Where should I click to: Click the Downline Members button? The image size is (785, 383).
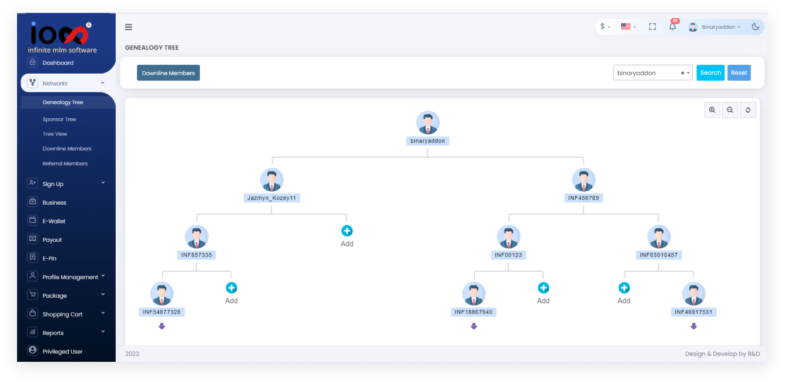(168, 73)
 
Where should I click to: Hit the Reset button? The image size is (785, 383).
(739, 73)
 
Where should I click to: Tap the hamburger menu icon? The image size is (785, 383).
(129, 27)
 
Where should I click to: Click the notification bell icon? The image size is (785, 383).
(673, 26)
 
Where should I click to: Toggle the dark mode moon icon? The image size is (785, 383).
(755, 26)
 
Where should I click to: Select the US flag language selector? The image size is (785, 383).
(626, 26)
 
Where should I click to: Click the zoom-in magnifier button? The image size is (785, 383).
(712, 110)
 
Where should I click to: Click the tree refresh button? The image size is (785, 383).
(748, 110)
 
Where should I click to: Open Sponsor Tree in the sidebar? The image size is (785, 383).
(59, 119)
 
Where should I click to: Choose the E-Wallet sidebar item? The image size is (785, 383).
(54, 221)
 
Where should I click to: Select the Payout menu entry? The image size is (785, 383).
(52, 240)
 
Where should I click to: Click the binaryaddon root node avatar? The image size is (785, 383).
(428, 123)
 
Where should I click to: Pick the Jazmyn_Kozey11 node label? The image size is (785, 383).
(271, 198)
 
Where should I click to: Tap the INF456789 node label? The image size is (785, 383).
(583, 198)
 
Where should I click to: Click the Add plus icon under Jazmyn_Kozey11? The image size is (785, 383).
(347, 231)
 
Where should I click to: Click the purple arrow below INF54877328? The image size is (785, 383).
(162, 326)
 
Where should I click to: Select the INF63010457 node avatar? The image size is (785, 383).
(659, 237)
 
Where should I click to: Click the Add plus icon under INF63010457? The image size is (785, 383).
(624, 288)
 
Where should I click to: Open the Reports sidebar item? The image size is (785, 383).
(53, 333)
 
